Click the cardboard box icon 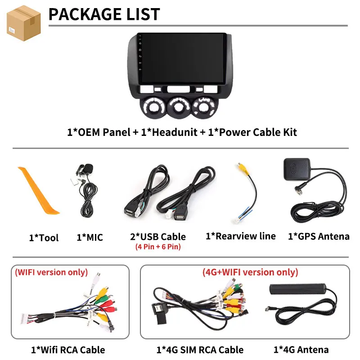pos(24,23)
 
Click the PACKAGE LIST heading pos(104,14)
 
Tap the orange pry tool pos(38,191)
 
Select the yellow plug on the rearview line pos(243,168)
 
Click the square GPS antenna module pos(297,169)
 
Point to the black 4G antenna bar pos(298,289)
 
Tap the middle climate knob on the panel pos(179,107)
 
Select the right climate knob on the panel pos(204,107)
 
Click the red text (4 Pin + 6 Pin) pos(158,247)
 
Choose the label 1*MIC pos(90,238)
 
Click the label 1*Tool pos(44,238)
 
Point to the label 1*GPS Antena pos(319,236)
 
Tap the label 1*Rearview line pos(241,236)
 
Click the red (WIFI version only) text pos(51,272)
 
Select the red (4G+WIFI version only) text pos(250,272)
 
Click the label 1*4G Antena pos(301,350)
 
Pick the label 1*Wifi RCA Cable pos(68,350)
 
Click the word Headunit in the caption pos(175,132)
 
